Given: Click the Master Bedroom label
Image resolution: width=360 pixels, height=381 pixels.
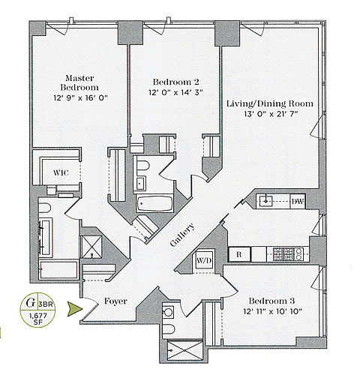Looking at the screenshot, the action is (x=79, y=82).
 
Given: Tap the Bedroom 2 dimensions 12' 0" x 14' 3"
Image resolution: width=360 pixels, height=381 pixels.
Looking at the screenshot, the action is (x=175, y=93).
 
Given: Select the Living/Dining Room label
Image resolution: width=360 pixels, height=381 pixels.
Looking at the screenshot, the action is (x=270, y=103).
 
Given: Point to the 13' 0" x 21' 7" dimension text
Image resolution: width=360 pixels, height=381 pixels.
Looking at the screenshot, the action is (x=271, y=114).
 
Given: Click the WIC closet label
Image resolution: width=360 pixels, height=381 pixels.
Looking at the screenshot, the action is (x=61, y=172).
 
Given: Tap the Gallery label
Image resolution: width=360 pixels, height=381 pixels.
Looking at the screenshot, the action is (x=182, y=235).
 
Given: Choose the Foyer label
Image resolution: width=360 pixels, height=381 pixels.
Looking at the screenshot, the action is (x=115, y=301).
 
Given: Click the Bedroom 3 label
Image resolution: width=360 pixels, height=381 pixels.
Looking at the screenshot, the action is (x=271, y=301).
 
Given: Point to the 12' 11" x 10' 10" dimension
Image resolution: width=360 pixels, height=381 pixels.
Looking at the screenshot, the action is (x=273, y=311).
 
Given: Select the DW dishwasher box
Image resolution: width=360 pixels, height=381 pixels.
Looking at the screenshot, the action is (x=298, y=201).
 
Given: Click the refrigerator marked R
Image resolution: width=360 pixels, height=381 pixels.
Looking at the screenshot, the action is (x=239, y=254).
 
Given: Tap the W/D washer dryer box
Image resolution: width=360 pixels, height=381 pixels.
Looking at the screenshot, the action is (x=204, y=261).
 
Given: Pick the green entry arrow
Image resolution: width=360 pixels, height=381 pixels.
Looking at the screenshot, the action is (x=75, y=309).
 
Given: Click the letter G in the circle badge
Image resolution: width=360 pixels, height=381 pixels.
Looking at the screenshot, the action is (x=30, y=303).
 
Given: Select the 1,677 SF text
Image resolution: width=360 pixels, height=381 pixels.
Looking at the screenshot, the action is (x=38, y=319).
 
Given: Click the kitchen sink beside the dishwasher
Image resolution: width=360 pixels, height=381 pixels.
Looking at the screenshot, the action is (x=265, y=201).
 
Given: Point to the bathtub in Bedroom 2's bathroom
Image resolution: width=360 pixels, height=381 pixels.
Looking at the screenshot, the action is (x=155, y=204).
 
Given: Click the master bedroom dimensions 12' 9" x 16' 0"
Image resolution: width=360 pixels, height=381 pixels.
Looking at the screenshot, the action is (x=80, y=97).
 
